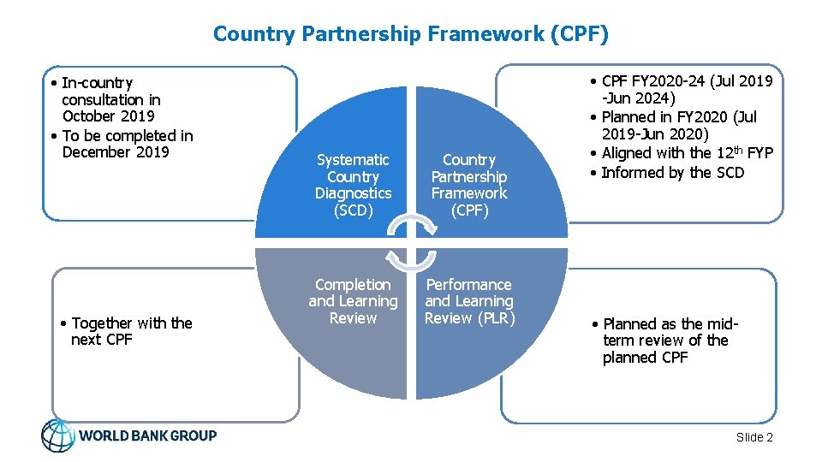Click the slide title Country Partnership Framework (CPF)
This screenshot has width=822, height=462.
coord(411,34)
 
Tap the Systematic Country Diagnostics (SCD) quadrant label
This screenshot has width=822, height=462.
coord(353,185)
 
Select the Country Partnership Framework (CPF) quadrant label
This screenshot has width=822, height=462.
coord(468,185)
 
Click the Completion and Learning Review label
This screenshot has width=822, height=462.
coord(353,301)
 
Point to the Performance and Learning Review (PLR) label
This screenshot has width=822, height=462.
coord(468,301)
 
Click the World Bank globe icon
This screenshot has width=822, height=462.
coord(58,435)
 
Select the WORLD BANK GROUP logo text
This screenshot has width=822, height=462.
coord(147,435)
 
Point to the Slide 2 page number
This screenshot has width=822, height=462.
coord(754,437)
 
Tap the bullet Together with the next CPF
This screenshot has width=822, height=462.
coord(126,331)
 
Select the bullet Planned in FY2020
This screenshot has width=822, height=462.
coord(681,125)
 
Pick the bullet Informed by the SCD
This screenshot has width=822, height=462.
coord(672,173)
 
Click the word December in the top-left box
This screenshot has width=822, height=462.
coord(92,152)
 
